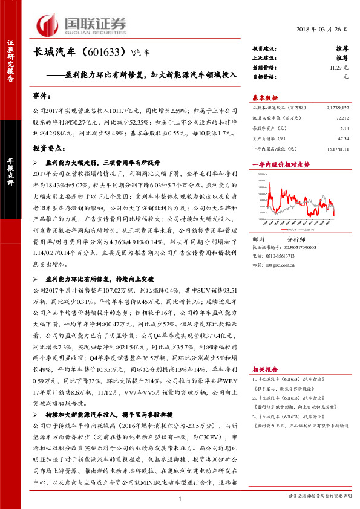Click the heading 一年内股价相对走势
click(280, 164)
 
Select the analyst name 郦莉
click(258, 239)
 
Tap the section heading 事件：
click(43, 96)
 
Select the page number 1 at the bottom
click(180, 497)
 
